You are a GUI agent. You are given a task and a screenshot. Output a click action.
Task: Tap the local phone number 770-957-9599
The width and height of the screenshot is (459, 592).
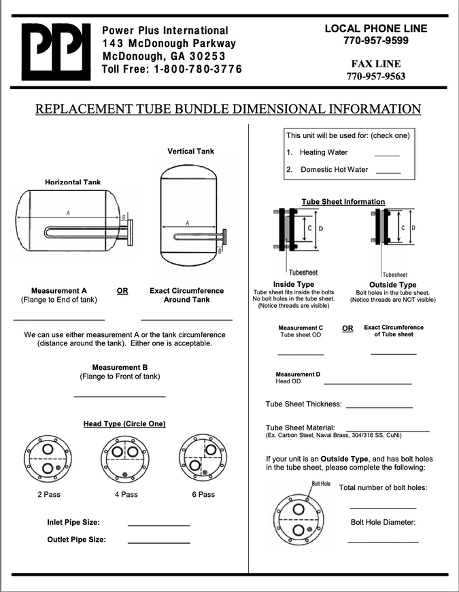(376, 41)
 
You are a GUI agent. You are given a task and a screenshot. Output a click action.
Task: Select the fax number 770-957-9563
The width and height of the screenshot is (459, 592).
(376, 76)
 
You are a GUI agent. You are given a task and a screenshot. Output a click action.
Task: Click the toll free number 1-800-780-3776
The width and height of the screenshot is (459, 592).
(197, 69)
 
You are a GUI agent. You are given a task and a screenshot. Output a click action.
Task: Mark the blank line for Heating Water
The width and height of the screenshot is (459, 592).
(387, 156)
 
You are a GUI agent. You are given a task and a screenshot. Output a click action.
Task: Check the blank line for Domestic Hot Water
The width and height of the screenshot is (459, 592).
(388, 173)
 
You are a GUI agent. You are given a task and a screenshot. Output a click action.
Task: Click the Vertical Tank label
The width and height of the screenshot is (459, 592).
(190, 151)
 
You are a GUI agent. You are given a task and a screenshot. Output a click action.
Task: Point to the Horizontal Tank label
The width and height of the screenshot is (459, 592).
(73, 182)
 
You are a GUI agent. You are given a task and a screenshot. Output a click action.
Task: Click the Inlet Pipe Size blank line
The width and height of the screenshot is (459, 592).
(158, 525)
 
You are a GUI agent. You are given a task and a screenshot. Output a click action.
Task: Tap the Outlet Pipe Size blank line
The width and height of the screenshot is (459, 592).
(158, 543)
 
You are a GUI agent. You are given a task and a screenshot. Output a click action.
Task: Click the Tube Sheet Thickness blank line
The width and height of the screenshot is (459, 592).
(379, 406)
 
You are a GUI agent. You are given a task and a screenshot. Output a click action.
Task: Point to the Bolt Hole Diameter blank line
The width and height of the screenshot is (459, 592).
(383, 542)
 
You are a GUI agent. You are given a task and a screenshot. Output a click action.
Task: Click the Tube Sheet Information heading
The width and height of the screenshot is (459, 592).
(343, 202)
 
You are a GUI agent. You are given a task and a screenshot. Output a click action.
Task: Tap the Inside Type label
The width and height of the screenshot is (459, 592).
(293, 284)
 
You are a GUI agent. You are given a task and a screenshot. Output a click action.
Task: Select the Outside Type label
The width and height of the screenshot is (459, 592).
(392, 285)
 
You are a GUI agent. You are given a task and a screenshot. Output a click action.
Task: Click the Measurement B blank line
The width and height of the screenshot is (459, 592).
(120, 396)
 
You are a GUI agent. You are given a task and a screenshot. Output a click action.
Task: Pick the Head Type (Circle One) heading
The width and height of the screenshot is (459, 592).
(124, 424)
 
